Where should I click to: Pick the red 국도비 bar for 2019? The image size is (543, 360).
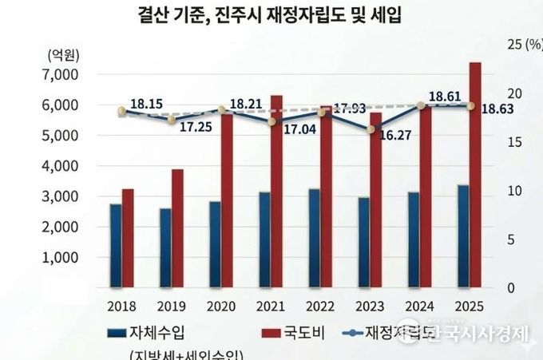(x=176, y=227)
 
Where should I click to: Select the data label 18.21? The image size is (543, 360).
(x=246, y=104)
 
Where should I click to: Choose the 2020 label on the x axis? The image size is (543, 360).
(x=221, y=306)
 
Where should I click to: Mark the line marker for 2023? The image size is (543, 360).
(x=370, y=129)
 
